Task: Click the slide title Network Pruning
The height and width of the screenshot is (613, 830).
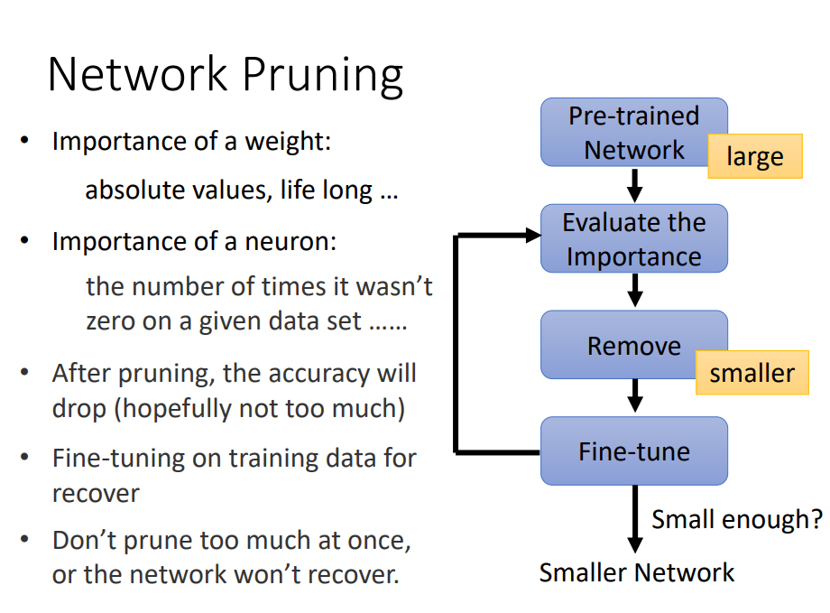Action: pyautogui.click(x=225, y=74)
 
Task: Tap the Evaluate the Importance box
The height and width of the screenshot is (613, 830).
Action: pyautogui.click(x=633, y=238)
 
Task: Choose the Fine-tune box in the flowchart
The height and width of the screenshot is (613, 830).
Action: pyautogui.click(x=633, y=450)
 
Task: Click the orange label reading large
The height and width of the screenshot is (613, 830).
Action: pyautogui.click(x=755, y=157)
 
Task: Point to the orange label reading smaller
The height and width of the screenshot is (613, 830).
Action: pyautogui.click(x=752, y=373)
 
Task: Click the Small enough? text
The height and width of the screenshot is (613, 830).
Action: pyautogui.click(x=736, y=519)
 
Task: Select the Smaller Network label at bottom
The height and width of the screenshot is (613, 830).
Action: pyautogui.click(x=637, y=572)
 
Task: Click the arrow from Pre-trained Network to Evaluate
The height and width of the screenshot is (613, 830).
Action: pyautogui.click(x=634, y=185)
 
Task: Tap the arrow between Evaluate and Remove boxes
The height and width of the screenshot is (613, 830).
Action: pyautogui.click(x=634, y=291)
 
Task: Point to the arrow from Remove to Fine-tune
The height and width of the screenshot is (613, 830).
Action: pyautogui.click(x=634, y=395)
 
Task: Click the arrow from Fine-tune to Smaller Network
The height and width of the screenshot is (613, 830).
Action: pyautogui.click(x=634, y=520)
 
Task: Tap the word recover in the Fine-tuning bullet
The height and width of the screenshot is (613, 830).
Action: pyautogui.click(x=96, y=494)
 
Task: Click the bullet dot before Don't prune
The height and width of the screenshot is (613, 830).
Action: pyautogui.click(x=26, y=540)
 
